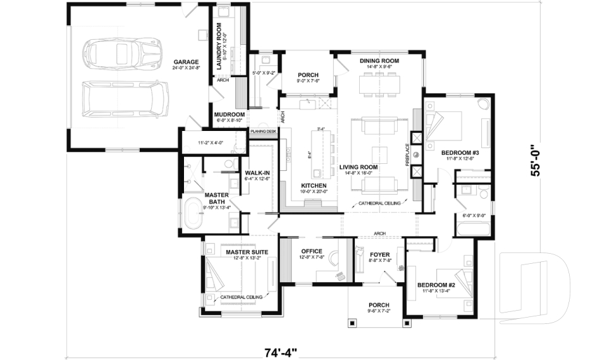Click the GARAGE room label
tap(187, 63)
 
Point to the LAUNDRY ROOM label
tap(219, 45)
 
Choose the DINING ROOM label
tap(379, 61)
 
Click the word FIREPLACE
tap(408, 154)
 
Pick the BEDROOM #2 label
tap(436, 285)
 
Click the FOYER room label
tap(379, 254)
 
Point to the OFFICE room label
tap(312, 251)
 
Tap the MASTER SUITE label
tap(247, 252)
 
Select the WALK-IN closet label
tap(256, 172)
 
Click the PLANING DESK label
tap(263, 131)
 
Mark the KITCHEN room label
tap(314, 185)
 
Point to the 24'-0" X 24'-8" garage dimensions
tap(187, 69)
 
